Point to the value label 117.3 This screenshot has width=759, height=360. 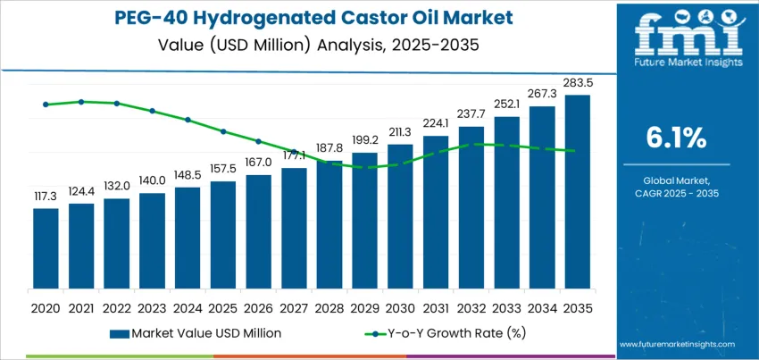point(46,196)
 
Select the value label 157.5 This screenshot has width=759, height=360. point(222,169)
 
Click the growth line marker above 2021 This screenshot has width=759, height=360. point(81,102)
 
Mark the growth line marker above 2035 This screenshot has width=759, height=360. point(577,151)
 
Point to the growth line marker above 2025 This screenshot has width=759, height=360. point(222,131)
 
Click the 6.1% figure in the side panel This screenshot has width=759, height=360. point(676,138)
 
